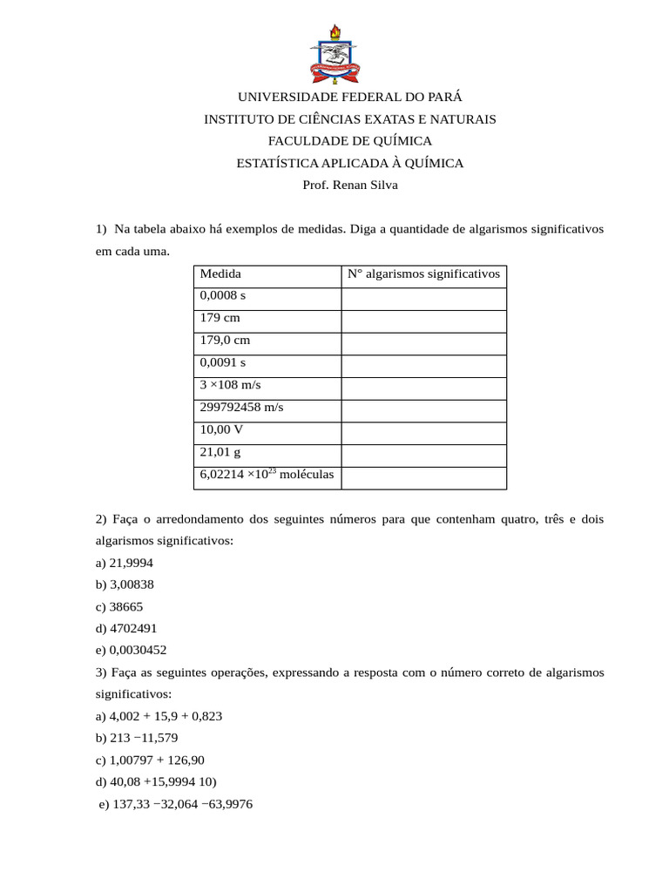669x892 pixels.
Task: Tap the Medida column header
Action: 221,274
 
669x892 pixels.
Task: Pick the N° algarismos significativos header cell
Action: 423,274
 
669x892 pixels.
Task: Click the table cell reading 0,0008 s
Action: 223,296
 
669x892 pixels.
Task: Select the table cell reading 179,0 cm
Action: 225,341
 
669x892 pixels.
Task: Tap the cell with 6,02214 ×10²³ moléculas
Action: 267,475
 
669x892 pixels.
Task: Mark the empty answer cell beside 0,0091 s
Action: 423,363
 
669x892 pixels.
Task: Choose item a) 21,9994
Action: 125,563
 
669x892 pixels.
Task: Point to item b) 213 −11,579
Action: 137,738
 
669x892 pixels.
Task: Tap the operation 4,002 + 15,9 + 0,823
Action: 166,716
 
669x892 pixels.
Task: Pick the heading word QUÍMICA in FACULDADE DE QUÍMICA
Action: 401,141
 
